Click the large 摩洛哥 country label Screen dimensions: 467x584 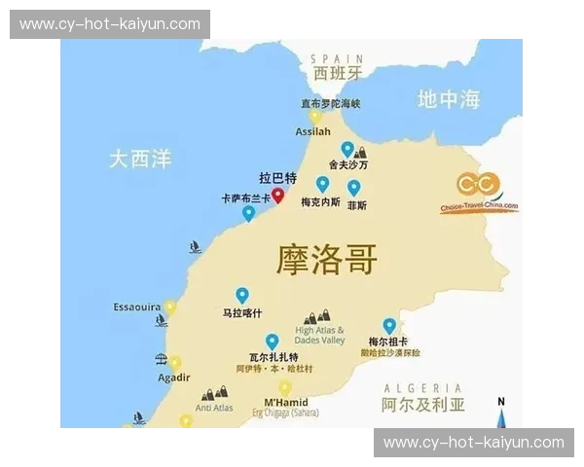coord(327,260)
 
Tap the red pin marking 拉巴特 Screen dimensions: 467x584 coord(277,196)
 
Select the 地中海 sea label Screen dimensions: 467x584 coord(449,98)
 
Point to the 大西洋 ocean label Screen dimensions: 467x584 coord(140,159)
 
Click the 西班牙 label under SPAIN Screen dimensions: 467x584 coord(338,73)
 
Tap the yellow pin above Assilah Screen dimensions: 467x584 coord(314,117)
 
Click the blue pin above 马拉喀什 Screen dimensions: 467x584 coord(242,295)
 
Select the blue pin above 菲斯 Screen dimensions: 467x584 coord(354,187)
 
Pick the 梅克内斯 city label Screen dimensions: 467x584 coord(320,203)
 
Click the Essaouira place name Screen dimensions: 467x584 coord(137,307)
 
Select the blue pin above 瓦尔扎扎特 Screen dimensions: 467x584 coord(273,341)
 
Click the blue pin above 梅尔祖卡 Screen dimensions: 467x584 coord(389,326)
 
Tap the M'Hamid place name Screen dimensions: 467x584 coord(286,403)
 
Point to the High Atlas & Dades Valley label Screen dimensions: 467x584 coord(320,336)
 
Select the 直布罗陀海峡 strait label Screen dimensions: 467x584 coord(330,103)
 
